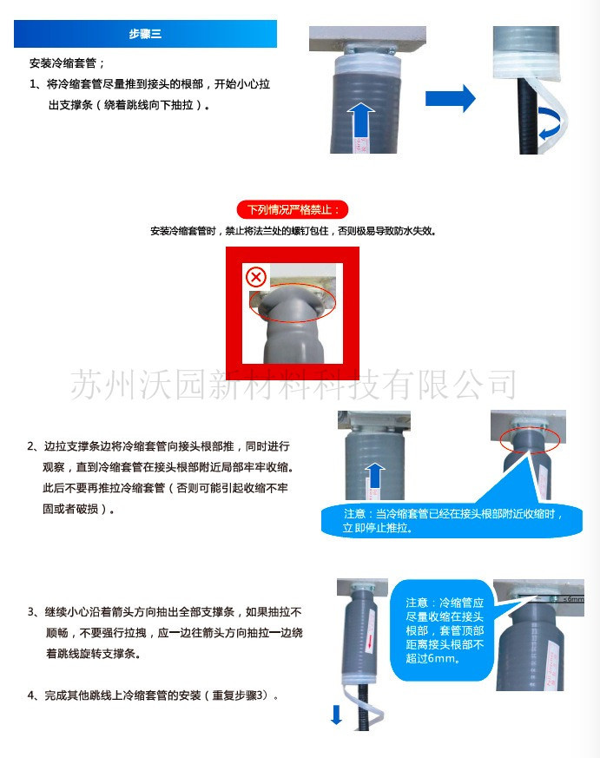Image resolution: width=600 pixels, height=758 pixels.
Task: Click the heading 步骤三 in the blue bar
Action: coord(145,35)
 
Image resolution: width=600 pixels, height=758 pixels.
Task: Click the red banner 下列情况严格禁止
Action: coord(293,210)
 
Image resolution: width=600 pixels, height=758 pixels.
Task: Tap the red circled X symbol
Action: coord(255,277)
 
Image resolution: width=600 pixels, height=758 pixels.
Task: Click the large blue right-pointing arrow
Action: coord(451,97)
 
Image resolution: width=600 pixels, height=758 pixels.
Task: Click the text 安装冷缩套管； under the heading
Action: coord(67,63)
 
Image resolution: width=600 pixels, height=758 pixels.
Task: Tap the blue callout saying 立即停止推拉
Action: coord(452,521)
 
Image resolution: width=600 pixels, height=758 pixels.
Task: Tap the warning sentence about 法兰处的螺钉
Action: coord(293,231)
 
